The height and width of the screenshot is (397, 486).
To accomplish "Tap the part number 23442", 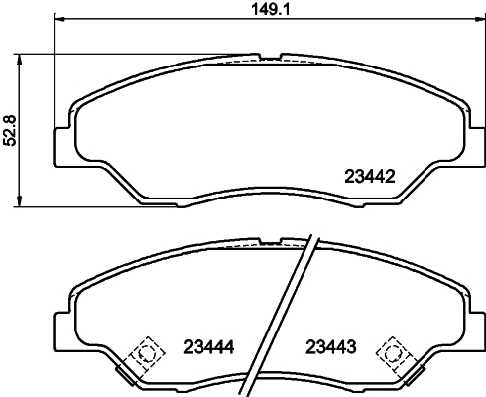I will [369, 179].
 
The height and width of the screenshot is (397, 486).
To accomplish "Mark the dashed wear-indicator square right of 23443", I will [398, 352].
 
